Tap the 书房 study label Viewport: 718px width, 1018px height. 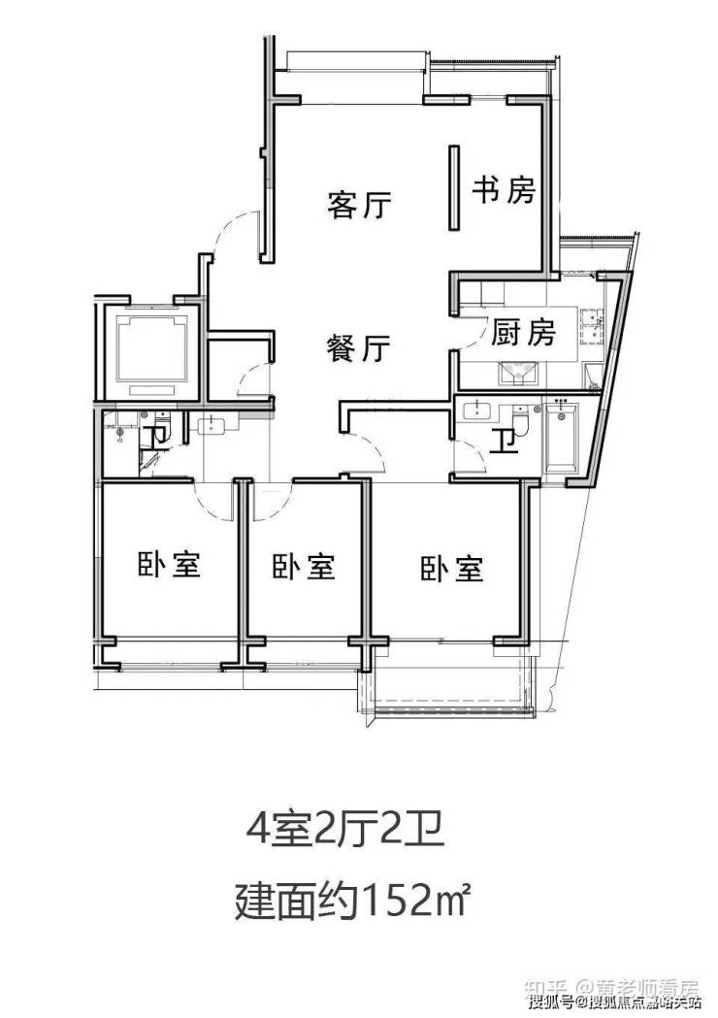pyautogui.click(x=504, y=190)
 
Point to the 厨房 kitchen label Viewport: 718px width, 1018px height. pyautogui.click(x=523, y=333)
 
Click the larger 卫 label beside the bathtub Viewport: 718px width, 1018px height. pyautogui.click(x=502, y=442)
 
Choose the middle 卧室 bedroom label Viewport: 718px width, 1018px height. pyautogui.click(x=304, y=566)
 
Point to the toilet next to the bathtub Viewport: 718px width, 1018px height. pyautogui.click(x=521, y=419)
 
